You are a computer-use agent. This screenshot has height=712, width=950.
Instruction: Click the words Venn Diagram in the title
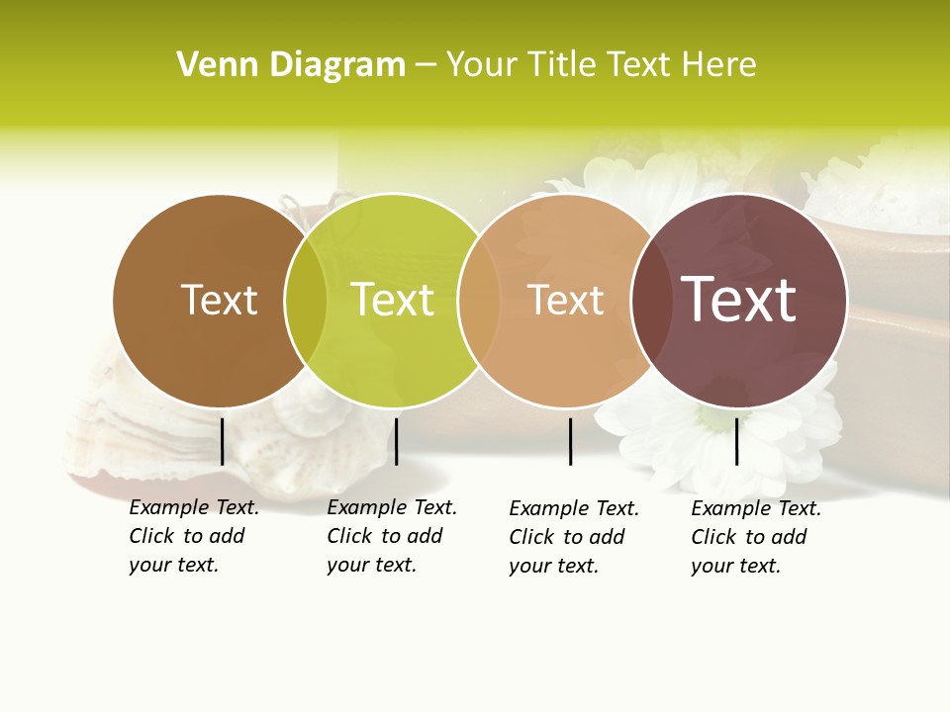click(291, 65)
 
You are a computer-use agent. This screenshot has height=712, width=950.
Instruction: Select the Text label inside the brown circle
click(219, 300)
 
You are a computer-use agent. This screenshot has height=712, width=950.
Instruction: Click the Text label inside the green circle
click(393, 300)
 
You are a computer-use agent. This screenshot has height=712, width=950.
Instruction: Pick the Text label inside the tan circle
click(566, 300)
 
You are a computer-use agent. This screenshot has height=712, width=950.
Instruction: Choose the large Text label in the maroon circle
click(739, 300)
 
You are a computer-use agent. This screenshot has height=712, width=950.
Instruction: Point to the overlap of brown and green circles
click(306, 301)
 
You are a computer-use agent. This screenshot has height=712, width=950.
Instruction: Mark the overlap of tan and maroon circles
click(651, 301)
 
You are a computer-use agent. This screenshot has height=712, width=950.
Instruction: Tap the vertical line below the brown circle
click(222, 441)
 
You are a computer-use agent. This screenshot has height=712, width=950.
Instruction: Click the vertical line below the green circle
click(396, 441)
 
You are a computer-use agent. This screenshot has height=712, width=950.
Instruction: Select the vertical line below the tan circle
click(570, 441)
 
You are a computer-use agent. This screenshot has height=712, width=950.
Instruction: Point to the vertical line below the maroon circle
click(736, 441)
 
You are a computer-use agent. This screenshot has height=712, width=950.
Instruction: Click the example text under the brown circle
click(193, 536)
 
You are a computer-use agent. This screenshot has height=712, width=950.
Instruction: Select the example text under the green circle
click(391, 536)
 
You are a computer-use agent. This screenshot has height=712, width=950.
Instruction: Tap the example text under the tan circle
click(573, 537)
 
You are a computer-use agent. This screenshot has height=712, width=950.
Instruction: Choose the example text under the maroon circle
click(755, 537)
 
